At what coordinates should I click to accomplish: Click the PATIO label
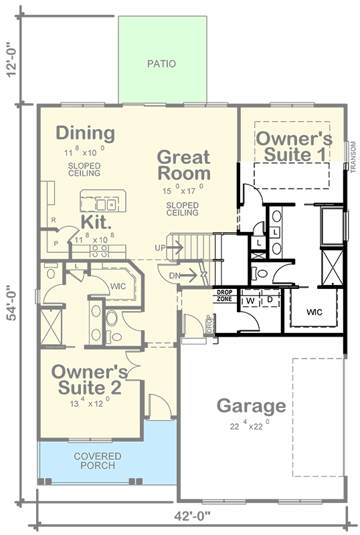coord(161,65)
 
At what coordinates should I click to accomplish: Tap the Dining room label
coord(85,133)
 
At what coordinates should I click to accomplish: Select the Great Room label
coord(183,165)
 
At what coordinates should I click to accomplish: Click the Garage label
coord(251,406)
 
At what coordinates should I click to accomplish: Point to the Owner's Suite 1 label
coord(294,146)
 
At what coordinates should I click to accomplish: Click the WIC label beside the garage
coord(314,312)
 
